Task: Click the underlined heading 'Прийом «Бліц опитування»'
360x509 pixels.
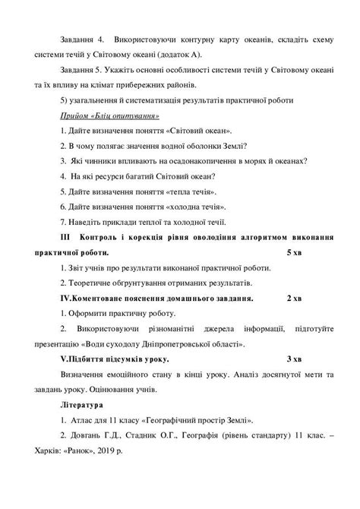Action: pyautogui.click(x=108, y=115)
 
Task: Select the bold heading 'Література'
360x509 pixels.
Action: pyautogui.click(x=86, y=404)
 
